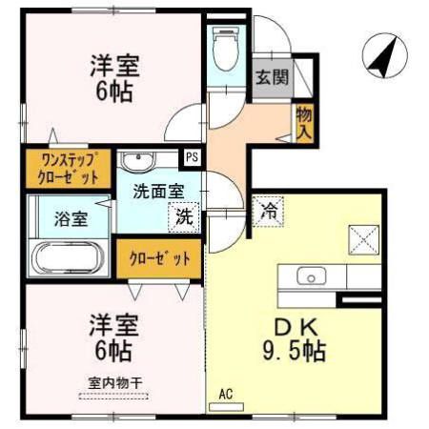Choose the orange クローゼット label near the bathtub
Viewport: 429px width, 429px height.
[159, 257]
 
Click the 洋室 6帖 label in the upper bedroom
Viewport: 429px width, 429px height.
[113, 79]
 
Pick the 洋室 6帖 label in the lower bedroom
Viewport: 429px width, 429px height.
[113, 337]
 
